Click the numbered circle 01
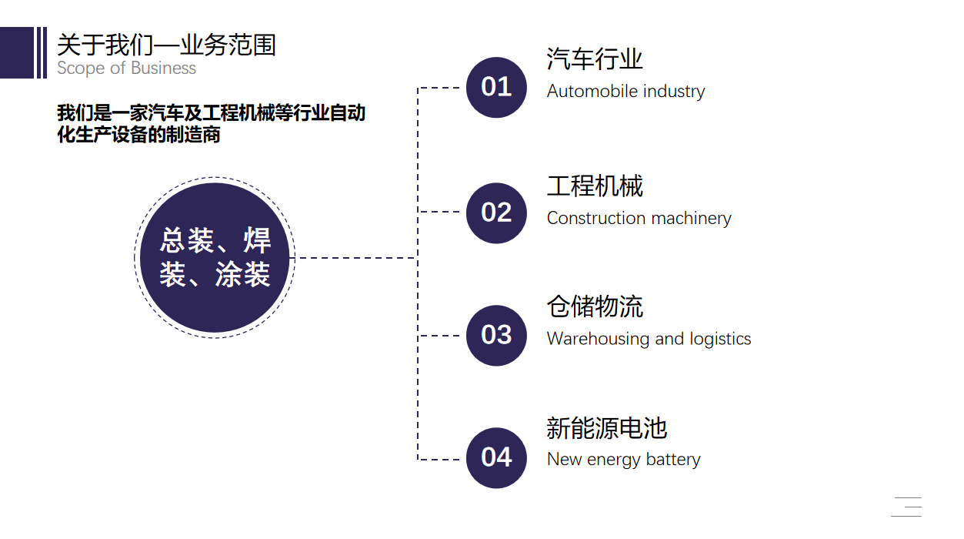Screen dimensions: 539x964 coord(496,87)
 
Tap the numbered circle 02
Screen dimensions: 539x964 coord(496,213)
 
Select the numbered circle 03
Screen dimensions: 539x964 coord(496,335)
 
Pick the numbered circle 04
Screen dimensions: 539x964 coord(496,457)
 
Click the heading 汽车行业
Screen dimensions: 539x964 coord(594,59)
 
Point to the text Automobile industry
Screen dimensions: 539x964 coord(625,92)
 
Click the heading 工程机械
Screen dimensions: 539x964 coord(594,186)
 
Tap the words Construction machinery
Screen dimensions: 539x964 coord(639,219)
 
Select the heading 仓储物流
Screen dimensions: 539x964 coord(594,306)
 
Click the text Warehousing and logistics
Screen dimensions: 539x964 coord(649,339)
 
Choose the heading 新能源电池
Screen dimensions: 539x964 coord(606,428)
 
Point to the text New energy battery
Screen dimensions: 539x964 coord(623,460)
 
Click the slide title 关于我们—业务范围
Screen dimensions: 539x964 coord(166,45)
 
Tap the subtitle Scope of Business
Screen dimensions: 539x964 coord(126,69)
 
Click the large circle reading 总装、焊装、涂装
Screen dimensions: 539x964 coord(215,258)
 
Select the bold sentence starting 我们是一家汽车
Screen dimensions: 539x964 coord(211,124)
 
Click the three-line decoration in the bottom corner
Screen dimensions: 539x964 coord(906,507)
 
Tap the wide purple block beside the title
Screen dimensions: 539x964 coord(17,52)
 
